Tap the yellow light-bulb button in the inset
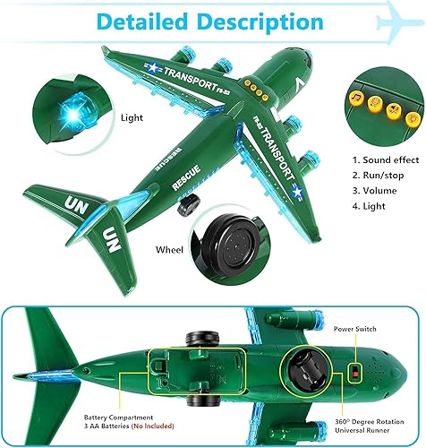pos(410,117)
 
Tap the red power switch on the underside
pos(356,369)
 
